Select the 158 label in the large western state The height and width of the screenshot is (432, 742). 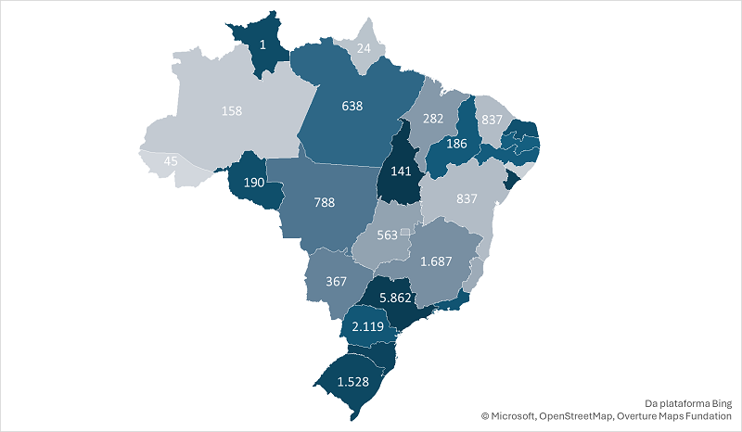(233, 111)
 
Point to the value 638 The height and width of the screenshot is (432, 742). (352, 105)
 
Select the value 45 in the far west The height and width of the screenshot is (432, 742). (171, 161)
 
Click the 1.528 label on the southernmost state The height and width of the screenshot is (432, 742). (352, 382)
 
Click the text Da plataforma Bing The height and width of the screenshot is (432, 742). (688, 403)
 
